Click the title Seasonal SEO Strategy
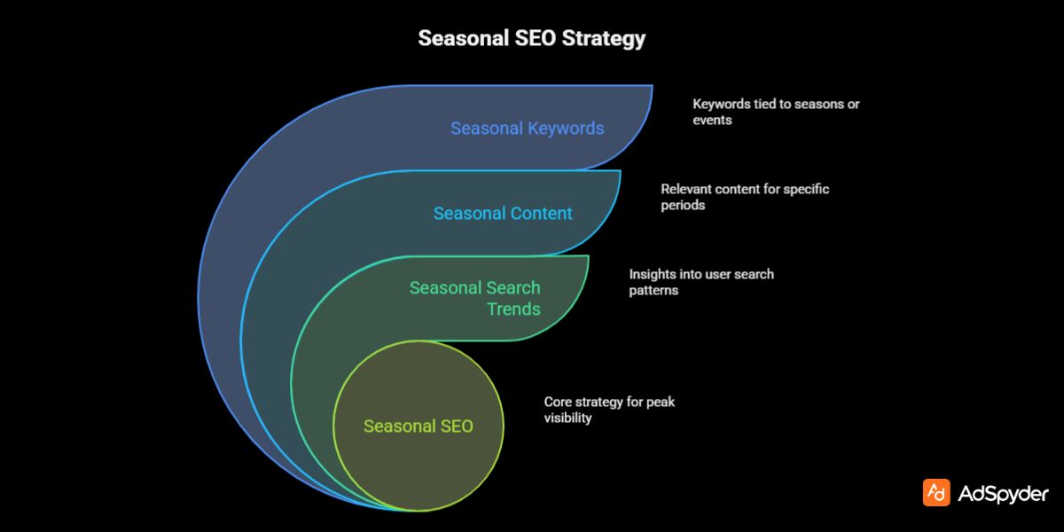coord(532,39)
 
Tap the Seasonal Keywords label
coord(527,128)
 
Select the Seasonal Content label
coord(503,213)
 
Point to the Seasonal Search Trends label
coord(474,298)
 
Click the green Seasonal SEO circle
coord(418,426)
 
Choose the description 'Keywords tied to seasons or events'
coord(776,112)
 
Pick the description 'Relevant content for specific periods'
coord(745,197)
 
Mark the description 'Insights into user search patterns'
coord(701,282)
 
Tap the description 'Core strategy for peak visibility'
coord(609,410)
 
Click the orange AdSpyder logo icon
coord(936,493)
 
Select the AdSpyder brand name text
coord(1003,494)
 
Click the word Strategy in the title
coord(606,39)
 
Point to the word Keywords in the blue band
coord(566,128)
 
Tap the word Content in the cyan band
coord(541,213)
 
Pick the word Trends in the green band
coord(513,309)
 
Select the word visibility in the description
coord(567,418)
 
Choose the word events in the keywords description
coord(712,120)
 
